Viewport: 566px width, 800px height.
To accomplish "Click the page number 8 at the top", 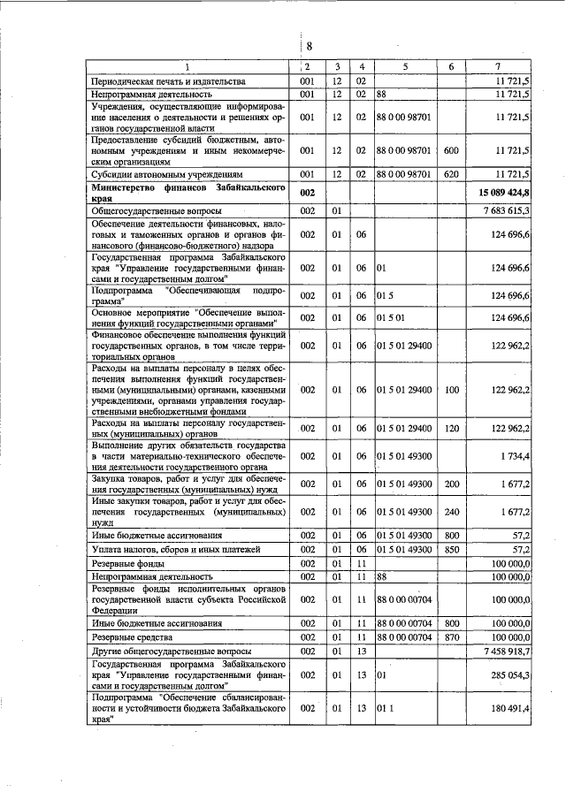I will (x=310, y=47).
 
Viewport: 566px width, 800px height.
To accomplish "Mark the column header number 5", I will (x=405, y=66).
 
